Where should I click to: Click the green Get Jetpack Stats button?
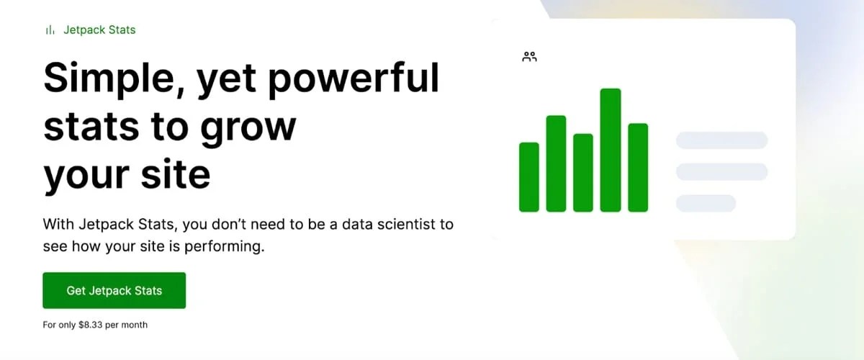pos(114,290)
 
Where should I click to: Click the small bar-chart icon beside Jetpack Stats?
pos(50,30)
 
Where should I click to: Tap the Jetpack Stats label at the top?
pos(99,30)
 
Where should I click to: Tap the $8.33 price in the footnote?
pos(90,325)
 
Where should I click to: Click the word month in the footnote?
pos(135,325)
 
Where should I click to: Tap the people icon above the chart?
pos(530,56)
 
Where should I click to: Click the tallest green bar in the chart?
pos(611,150)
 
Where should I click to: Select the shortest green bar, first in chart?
pos(529,177)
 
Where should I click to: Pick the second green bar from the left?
pos(556,163)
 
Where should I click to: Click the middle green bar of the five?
pos(583,173)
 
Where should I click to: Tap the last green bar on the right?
pos(638,168)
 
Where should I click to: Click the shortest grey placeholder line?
pos(706,203)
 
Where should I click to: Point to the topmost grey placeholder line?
pos(721,140)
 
